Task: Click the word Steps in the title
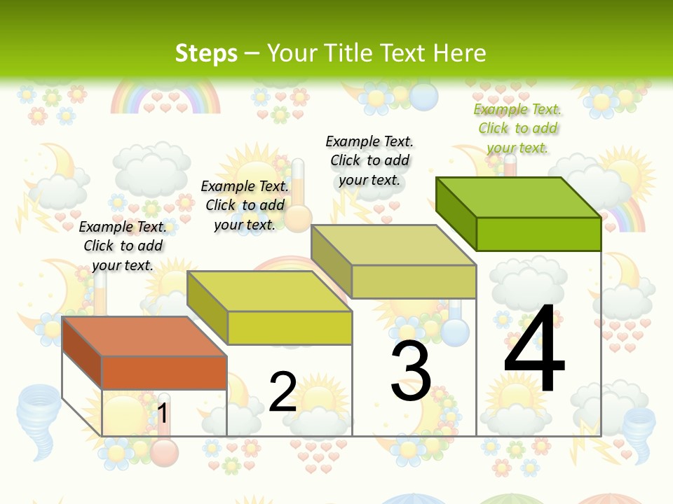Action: [206, 53]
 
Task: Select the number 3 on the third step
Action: [411, 372]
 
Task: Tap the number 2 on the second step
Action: [283, 391]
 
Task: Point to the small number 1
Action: [163, 413]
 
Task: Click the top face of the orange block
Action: [144, 337]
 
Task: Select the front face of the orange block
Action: [164, 372]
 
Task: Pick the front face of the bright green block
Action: [538, 234]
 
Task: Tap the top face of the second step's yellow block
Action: [269, 291]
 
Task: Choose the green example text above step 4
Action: [517, 128]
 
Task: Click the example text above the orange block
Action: [123, 246]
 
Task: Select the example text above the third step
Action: [369, 160]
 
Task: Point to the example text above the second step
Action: [245, 205]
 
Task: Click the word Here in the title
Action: [459, 53]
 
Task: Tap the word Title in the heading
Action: [348, 53]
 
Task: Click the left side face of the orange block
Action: [82, 353]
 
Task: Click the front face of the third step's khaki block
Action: [414, 281]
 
